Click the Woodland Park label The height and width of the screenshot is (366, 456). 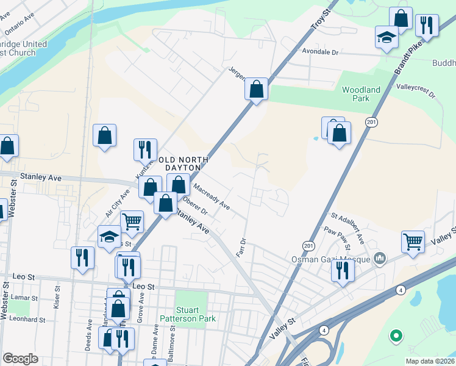tap(361, 94)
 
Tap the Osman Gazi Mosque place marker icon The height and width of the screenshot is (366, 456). tap(381, 259)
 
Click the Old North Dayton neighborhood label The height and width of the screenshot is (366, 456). tap(183, 164)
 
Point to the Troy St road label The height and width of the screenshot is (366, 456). tap(319, 18)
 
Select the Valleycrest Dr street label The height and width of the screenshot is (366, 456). tap(416, 91)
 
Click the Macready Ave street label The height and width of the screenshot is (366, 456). tap(211, 196)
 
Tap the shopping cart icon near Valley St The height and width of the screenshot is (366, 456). tap(413, 241)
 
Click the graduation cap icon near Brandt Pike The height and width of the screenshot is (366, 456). tap(387, 37)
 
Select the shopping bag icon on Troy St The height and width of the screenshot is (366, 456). tap(257, 89)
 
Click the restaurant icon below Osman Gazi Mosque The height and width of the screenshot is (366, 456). tap(342, 270)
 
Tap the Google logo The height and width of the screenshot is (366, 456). tap(20, 359)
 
